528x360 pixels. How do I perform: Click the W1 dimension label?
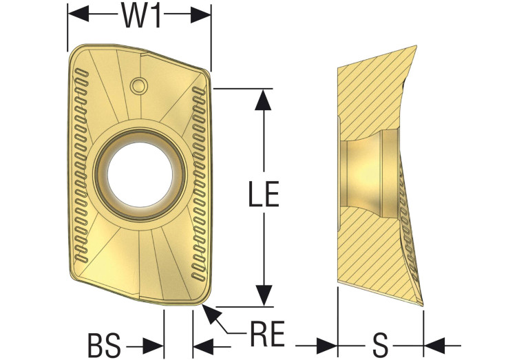pyautogui.click(x=140, y=15)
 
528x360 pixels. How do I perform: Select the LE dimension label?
pyautogui.click(x=264, y=193)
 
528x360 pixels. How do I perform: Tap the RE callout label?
pyautogui.click(x=267, y=333)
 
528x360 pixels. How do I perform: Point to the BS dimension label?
pyautogui.click(x=104, y=346)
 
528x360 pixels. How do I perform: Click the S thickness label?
pyautogui.click(x=381, y=346)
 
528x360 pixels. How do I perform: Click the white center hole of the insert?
pyautogui.click(x=140, y=174)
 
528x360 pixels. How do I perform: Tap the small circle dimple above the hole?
pyautogui.click(x=139, y=85)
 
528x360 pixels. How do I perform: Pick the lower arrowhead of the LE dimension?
pyautogui.click(x=264, y=295)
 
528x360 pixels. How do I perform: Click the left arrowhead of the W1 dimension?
pyautogui.click(x=78, y=14)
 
